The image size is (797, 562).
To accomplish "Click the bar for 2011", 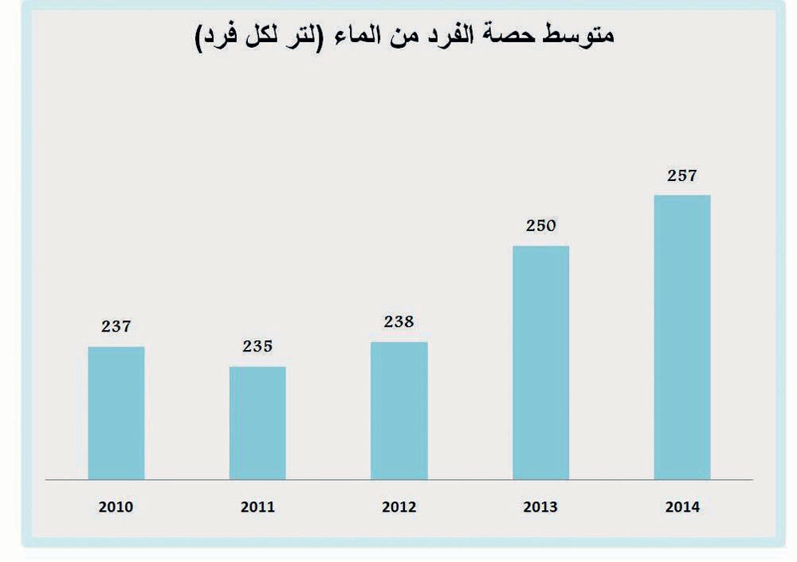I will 257,423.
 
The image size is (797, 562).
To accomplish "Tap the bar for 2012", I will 398,411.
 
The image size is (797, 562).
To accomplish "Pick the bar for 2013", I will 540,363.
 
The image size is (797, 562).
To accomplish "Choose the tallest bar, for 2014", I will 682,337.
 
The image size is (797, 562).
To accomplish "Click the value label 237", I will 116,326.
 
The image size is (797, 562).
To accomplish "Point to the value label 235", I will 257,346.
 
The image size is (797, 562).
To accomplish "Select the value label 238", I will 398,322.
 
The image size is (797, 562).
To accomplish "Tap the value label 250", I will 540,226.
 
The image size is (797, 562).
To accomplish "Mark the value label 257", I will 682,175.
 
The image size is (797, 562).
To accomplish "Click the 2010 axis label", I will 116,507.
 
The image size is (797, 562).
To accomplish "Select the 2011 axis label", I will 257,507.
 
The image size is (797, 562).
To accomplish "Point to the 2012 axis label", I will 398,507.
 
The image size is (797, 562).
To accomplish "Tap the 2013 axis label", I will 540,507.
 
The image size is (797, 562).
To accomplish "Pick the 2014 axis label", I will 682,507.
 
